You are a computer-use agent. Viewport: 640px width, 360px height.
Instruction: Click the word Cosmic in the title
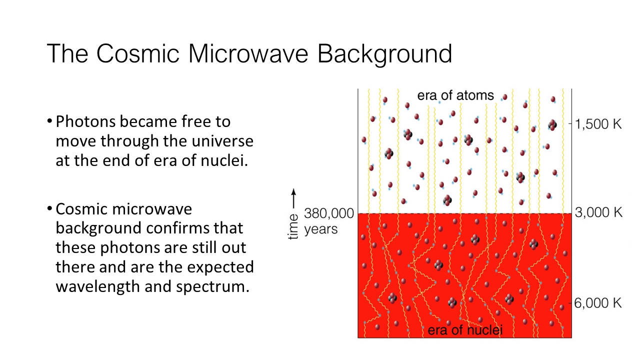click(x=137, y=53)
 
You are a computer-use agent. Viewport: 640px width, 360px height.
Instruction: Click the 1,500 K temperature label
click(x=598, y=124)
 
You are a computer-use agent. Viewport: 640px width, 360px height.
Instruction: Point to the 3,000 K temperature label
click(x=598, y=212)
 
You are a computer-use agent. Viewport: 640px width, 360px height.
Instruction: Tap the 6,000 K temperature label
click(x=598, y=303)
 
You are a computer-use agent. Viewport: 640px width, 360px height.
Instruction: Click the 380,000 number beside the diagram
click(x=329, y=213)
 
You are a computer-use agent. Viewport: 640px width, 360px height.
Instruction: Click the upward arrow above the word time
click(x=293, y=199)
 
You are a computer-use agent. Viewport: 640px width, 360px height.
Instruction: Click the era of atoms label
click(x=455, y=95)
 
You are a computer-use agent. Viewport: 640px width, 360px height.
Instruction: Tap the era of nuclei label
click(x=465, y=330)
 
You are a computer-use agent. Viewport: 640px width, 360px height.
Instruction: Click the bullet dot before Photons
click(x=49, y=121)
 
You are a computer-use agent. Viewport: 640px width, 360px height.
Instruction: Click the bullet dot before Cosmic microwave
click(x=49, y=208)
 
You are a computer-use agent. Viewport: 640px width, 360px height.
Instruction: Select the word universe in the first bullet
click(x=222, y=141)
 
